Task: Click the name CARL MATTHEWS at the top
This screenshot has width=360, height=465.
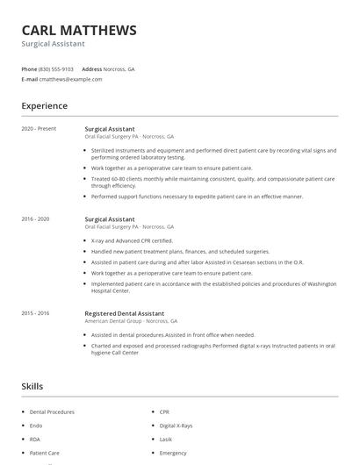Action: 79,30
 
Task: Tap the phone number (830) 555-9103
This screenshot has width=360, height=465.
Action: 57,68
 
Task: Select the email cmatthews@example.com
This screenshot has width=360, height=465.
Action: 71,79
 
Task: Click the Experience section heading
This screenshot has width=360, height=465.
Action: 45,106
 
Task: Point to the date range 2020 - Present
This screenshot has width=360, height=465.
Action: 39,129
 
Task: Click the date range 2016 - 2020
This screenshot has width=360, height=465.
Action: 36,218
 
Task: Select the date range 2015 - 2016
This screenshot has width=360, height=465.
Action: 36,313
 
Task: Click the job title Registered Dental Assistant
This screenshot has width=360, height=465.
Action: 124,313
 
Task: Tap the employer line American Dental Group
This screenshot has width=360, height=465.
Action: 131,321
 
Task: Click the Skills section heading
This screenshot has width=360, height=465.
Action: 32,386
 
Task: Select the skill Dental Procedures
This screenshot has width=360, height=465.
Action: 52,411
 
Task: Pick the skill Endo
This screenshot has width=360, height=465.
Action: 36,426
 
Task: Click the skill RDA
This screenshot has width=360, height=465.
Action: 35,440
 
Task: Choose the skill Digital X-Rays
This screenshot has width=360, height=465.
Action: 176,426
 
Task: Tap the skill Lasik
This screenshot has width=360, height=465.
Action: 165,440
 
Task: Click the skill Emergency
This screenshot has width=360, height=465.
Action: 173,453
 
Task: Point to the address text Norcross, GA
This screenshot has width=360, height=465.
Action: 119,68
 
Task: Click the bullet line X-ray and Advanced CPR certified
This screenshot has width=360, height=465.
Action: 132,240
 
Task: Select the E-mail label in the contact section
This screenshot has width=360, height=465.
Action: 30,79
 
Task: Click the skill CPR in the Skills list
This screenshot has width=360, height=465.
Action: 164,411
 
